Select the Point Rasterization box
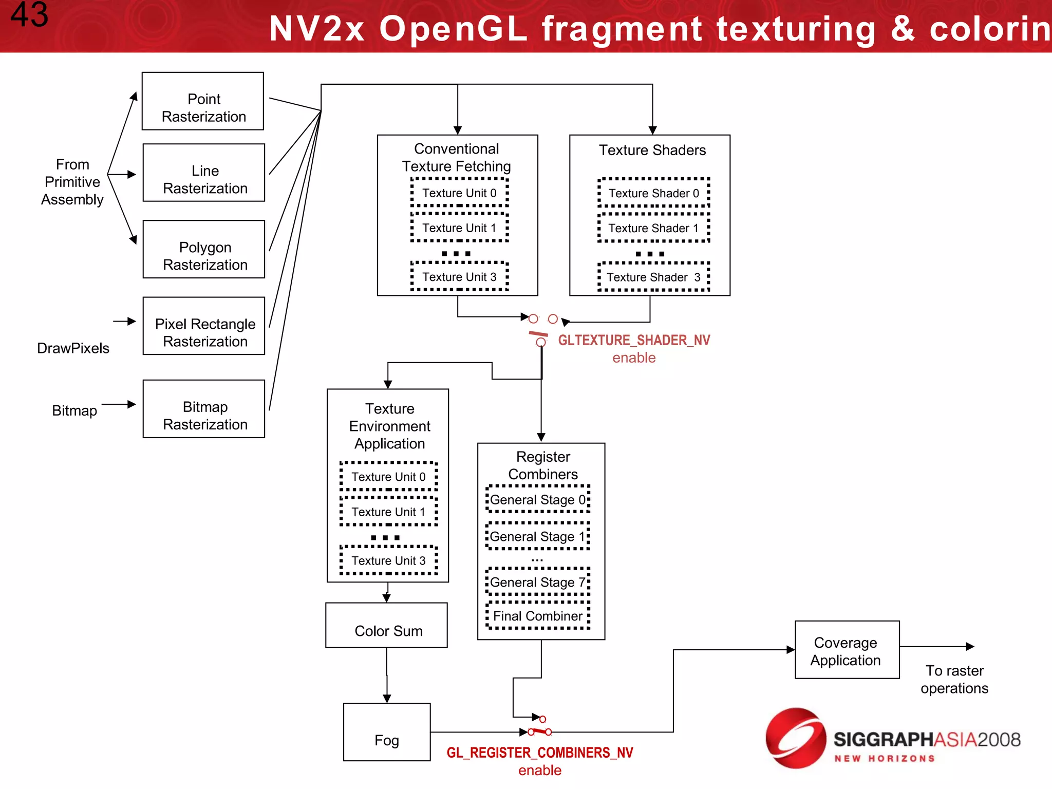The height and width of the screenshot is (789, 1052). coord(203,101)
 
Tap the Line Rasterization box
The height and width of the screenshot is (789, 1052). coord(204,173)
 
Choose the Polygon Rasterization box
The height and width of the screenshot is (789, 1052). coord(204,249)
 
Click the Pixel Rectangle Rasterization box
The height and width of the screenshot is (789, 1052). coord(204,326)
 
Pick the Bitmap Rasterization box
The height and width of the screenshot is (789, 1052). coord(204,409)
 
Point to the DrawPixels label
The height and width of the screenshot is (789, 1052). coord(73,348)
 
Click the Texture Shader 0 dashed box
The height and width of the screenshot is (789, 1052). coord(653,193)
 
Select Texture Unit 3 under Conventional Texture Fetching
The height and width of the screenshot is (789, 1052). coord(459,277)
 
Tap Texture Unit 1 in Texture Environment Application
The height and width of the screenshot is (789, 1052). coord(388,512)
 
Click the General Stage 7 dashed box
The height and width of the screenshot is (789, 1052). coord(538,582)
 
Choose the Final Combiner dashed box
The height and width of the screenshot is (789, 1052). coord(538,616)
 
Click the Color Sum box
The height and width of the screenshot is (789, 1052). coord(387,625)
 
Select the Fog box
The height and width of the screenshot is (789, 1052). coord(387,732)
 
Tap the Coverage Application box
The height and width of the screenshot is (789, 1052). coord(847,650)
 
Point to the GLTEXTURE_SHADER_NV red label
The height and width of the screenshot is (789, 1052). coord(634,340)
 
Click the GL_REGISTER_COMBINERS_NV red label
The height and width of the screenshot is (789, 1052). coord(539,753)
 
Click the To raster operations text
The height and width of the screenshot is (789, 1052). coord(954,679)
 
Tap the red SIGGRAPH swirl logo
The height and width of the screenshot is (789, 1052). coord(795,738)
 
